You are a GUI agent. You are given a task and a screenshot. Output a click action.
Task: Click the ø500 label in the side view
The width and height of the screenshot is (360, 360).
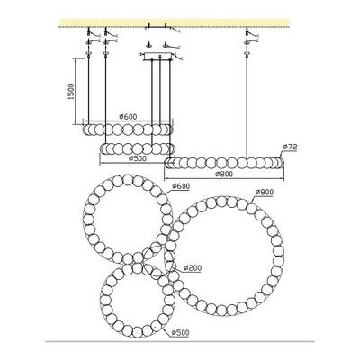[x=138, y=157]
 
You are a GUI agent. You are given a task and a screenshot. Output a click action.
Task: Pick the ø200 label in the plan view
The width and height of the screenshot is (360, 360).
[x=192, y=267]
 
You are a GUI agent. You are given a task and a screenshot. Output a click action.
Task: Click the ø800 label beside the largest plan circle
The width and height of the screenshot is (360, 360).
[x=264, y=193]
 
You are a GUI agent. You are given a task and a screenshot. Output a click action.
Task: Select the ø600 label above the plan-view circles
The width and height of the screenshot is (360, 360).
[x=180, y=186]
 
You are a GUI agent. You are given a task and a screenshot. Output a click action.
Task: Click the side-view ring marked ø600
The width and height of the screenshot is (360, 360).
[x=126, y=128]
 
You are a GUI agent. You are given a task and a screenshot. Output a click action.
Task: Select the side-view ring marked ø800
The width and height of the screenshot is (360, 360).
[x=224, y=163]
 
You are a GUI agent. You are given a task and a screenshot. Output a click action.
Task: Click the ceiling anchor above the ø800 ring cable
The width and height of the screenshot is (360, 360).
[x=247, y=36]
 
